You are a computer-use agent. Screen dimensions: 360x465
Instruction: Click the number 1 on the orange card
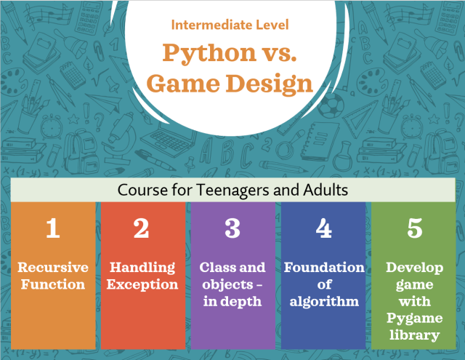[52, 228]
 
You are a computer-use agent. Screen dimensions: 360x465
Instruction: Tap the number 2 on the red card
[142, 228]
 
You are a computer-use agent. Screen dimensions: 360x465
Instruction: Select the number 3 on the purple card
[232, 228]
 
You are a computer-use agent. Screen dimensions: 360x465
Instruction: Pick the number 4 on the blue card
[324, 228]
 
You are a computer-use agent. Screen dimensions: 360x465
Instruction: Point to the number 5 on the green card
[415, 228]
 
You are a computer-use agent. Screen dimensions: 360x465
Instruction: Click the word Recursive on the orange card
[52, 267]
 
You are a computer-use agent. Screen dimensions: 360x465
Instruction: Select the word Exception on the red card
[142, 284]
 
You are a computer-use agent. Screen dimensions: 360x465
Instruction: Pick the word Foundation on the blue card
[324, 267]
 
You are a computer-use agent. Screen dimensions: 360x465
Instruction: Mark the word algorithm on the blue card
[324, 300]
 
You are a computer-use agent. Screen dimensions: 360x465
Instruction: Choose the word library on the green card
[415, 335]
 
